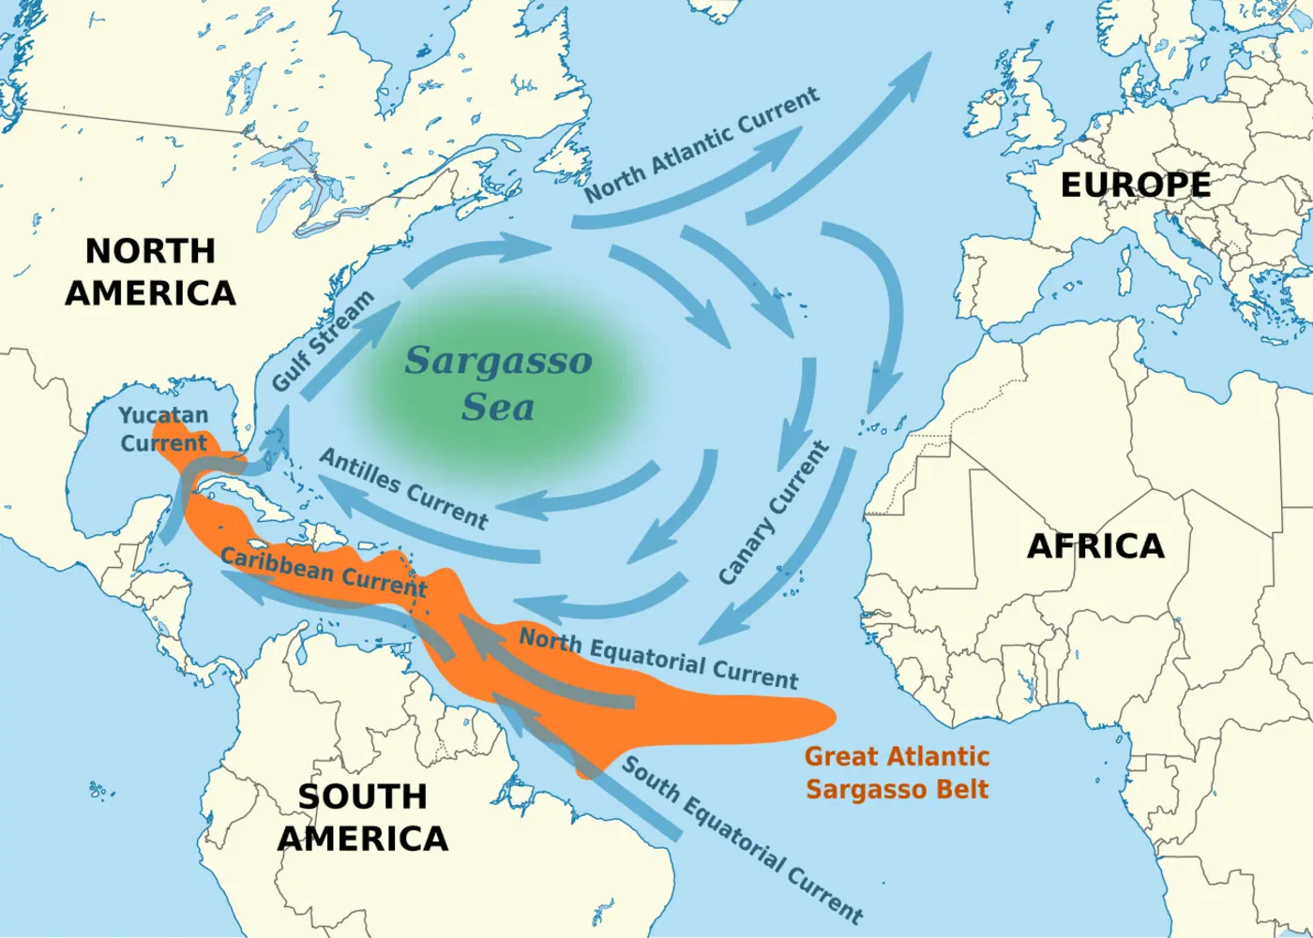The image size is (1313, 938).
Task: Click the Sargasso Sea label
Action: [x=498, y=383]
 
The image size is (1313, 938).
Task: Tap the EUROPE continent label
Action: [x=1135, y=185]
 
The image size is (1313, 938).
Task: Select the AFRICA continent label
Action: [x=1095, y=545]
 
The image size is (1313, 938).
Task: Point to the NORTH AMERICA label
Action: [x=150, y=272]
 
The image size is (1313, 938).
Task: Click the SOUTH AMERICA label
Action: [x=363, y=816]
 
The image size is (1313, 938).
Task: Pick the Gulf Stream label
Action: [x=324, y=341]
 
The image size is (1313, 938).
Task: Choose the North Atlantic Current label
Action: [x=702, y=144]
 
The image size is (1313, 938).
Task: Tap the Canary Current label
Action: [x=775, y=514]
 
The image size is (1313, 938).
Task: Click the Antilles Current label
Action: [x=404, y=488]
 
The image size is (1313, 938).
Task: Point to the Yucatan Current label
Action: [x=163, y=429]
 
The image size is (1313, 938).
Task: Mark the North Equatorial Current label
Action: [x=658, y=658]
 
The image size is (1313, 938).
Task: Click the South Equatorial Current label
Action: [x=742, y=839]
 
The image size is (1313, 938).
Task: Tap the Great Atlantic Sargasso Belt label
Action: [x=897, y=772]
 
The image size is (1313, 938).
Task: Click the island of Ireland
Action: [x=997, y=110]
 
